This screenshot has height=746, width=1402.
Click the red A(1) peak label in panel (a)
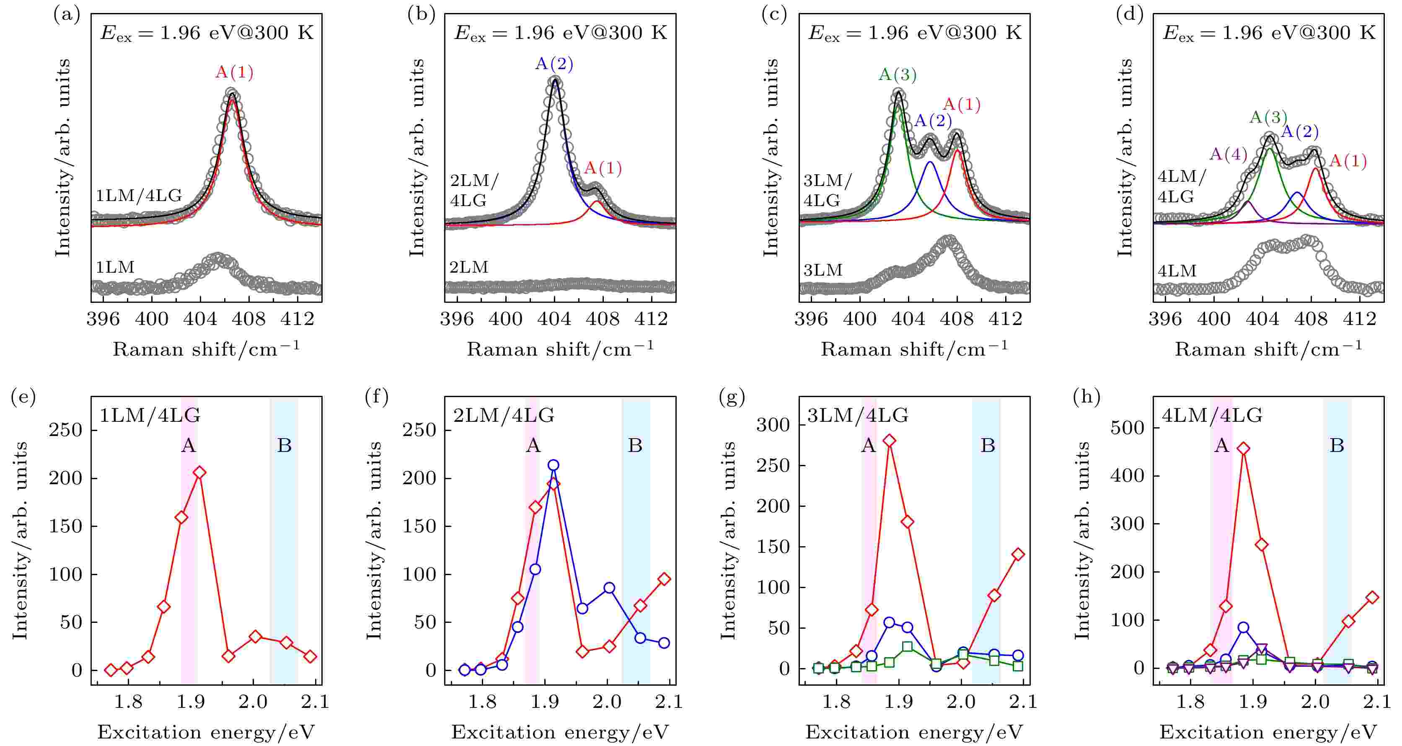(x=234, y=72)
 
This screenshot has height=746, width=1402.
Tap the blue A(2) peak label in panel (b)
(x=554, y=64)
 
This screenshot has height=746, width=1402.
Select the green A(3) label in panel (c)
(x=898, y=75)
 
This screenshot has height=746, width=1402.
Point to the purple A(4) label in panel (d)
(x=1229, y=154)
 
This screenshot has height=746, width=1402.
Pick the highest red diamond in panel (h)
(x=1243, y=449)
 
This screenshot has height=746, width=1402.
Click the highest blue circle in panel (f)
(x=554, y=465)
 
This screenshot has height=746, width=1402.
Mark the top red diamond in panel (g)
(x=890, y=441)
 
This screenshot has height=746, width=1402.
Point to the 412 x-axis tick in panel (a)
(x=298, y=318)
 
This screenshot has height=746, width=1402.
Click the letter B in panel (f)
(x=635, y=446)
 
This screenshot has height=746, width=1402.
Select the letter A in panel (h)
(x=1222, y=446)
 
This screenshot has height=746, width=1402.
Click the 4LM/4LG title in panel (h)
(x=1212, y=416)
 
